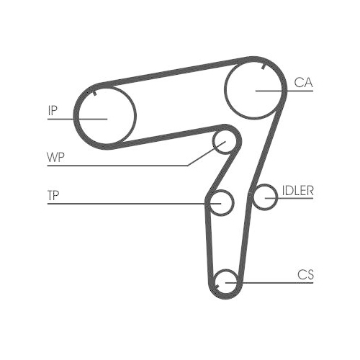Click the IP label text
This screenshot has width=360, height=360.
(x=52, y=111)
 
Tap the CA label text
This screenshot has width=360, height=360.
(x=302, y=82)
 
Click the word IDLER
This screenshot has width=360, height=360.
(x=297, y=191)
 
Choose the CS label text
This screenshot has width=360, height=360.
(x=305, y=274)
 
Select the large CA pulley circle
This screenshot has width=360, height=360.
(x=256, y=89)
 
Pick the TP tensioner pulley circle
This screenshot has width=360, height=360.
(x=221, y=202)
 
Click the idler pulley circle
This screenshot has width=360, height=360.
(x=266, y=196)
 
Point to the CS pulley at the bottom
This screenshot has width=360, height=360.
(x=227, y=282)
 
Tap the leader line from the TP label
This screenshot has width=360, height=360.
(x=130, y=204)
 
